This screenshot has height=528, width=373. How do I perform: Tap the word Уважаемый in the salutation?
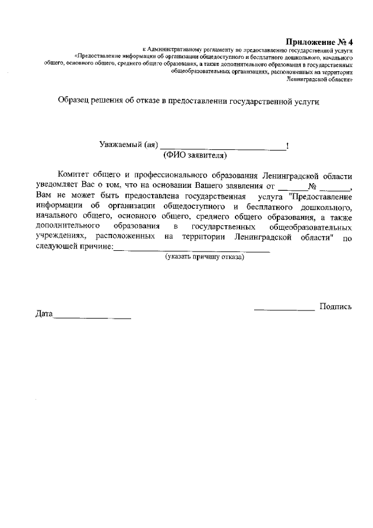[120, 146]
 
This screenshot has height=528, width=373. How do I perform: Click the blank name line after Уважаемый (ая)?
[223, 147]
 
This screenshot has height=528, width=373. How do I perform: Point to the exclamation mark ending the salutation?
[288, 146]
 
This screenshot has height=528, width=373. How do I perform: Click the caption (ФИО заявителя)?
[195, 156]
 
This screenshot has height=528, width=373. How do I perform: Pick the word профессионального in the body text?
[173, 176]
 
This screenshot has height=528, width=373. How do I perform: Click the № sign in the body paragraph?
[312, 187]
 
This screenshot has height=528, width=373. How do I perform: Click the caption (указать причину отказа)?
[205, 257]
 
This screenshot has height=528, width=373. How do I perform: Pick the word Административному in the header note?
[178, 51]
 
